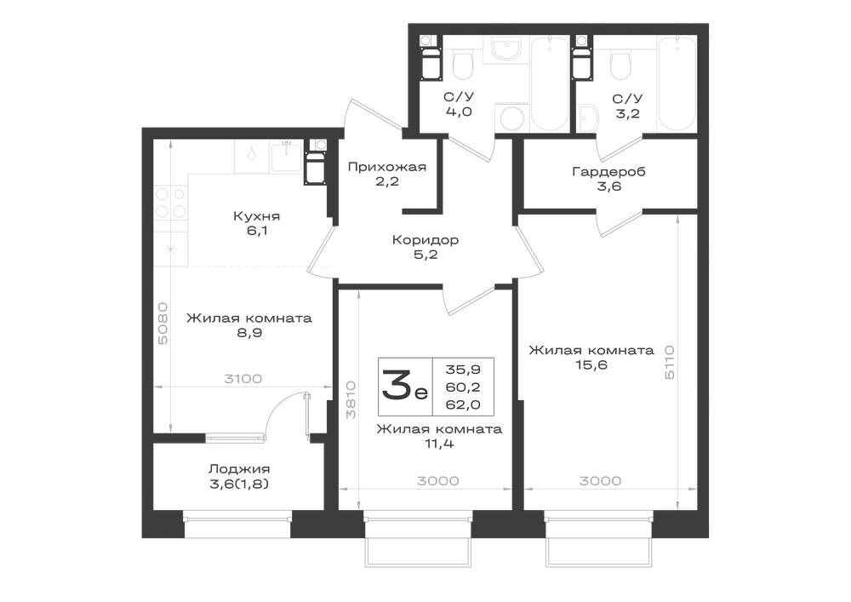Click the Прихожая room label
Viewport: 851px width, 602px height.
point(387,167)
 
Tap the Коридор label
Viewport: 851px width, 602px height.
point(425,239)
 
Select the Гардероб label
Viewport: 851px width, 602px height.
point(609,172)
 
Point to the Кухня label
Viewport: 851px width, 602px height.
point(257,216)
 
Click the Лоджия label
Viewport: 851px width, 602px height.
point(239,468)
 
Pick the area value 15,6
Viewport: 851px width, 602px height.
point(591,364)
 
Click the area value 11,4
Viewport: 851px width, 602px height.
point(440,444)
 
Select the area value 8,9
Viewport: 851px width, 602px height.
point(249,333)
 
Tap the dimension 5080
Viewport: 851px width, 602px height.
point(163,324)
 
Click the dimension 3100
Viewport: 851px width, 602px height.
point(243,379)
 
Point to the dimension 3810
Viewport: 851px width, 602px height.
point(351,399)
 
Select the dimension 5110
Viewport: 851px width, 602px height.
point(669,362)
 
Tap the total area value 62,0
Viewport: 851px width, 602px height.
point(463,404)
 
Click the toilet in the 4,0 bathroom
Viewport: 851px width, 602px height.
point(463,66)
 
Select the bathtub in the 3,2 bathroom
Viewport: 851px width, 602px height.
point(677,83)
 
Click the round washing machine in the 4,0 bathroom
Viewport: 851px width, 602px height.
point(512,118)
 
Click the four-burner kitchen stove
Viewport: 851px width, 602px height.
point(171,203)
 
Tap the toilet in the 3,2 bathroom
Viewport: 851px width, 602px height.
point(620,66)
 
